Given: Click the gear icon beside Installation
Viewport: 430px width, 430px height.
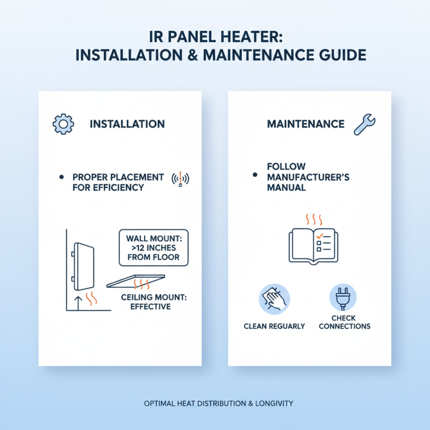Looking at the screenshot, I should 63,124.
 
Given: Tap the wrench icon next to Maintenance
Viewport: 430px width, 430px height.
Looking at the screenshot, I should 363,124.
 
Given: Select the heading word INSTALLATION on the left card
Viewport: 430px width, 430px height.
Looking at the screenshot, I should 127,124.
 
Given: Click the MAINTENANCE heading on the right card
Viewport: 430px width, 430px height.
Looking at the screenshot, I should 306,124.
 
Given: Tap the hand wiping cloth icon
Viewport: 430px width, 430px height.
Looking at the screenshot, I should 274,299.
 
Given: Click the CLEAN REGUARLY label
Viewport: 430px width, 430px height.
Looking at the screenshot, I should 274,326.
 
